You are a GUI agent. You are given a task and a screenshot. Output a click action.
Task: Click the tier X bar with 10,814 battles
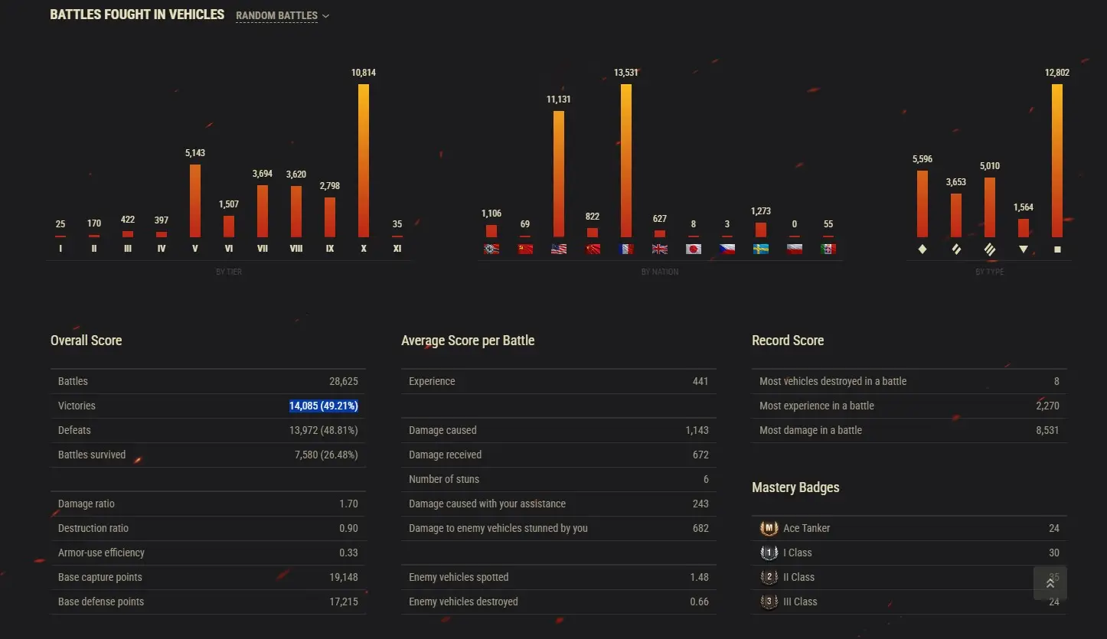pos(364,161)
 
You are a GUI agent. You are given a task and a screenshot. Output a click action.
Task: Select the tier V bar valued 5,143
pos(195,201)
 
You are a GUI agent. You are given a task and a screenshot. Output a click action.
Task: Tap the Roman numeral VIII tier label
pos(296,249)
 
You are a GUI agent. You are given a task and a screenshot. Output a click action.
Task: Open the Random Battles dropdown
pos(282,16)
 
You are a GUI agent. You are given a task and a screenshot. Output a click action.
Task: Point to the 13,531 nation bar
pos(626,161)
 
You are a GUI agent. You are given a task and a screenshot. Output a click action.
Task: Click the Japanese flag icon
pos(694,249)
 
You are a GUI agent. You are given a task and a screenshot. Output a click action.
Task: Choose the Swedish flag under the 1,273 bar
pos(760,249)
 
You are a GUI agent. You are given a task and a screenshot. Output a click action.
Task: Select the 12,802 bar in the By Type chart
pos(1057,161)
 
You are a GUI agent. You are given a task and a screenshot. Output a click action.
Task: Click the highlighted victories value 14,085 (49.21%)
pos(323,406)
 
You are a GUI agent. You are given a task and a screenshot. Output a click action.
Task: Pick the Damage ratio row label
pos(87,504)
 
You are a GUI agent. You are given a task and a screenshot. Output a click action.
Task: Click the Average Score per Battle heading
pos(468,341)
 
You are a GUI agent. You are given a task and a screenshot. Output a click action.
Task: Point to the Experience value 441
pos(700,381)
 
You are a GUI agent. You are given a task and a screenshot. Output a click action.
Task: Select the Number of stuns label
pos(444,479)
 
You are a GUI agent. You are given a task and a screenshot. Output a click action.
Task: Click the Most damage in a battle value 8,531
pos(1047,430)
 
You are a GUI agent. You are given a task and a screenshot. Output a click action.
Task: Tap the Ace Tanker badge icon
pos(769,528)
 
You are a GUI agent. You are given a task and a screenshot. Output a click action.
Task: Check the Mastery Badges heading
pos(795,487)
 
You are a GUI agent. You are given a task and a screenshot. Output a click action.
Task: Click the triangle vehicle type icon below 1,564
pos(1024,249)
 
